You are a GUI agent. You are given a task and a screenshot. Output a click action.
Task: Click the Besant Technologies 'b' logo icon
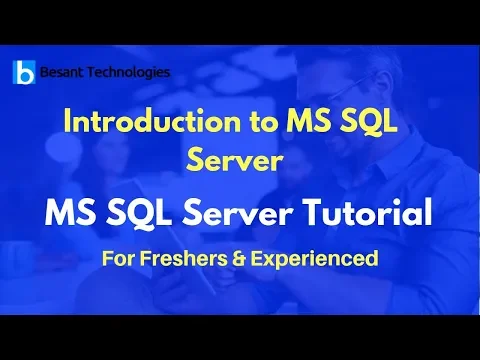pyautogui.click(x=23, y=73)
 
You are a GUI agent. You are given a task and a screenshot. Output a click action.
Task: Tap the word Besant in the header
pyautogui.click(x=62, y=72)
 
